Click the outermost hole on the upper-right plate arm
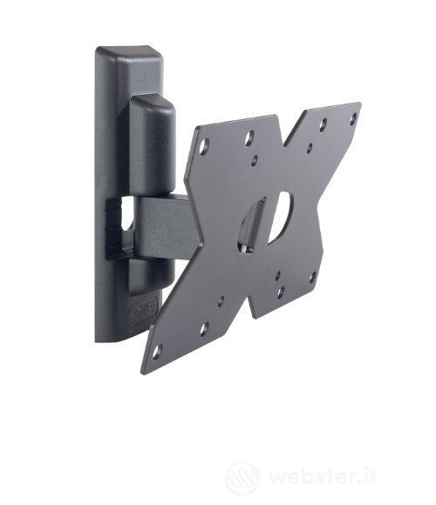353,117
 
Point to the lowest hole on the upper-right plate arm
309,149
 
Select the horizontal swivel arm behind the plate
166,228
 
